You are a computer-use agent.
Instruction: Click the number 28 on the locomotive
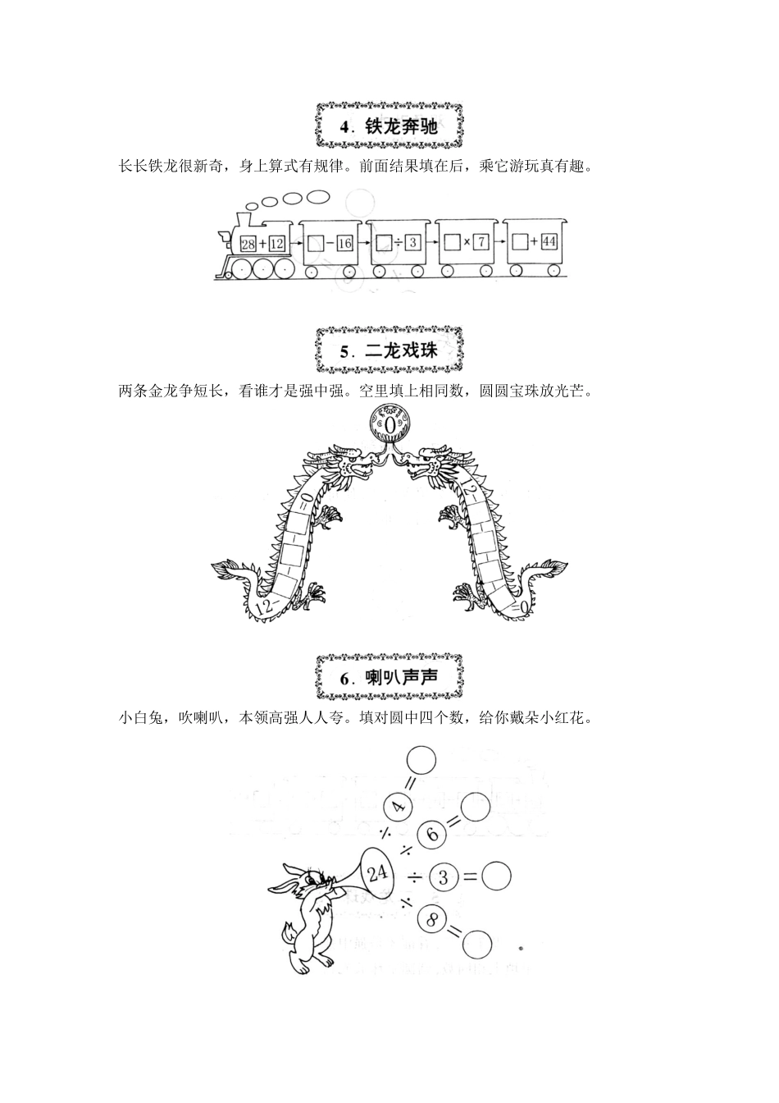249,243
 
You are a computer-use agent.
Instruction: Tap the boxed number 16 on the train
344,243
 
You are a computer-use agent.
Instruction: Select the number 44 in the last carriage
549,242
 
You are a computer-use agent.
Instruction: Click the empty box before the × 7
451,242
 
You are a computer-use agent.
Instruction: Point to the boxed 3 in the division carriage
412,243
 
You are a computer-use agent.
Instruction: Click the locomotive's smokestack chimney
244,220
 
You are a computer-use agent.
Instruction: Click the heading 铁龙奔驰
389,127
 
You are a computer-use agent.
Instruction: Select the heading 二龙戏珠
389,352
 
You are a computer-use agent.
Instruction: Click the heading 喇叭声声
389,678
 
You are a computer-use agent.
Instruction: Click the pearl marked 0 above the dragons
389,426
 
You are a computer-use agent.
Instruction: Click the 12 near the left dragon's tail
263,607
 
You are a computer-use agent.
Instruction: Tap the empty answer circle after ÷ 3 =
495,876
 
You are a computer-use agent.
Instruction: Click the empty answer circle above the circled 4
421,760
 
